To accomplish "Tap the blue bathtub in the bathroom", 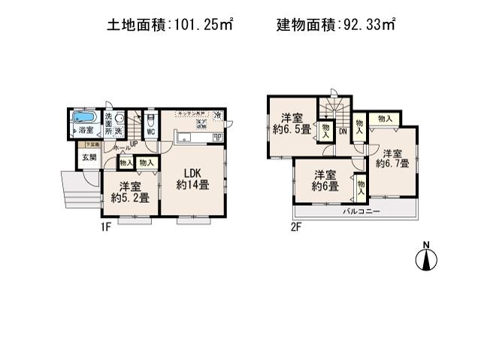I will pyautogui.click(x=84, y=116).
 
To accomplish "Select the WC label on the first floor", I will pyautogui.click(x=150, y=132).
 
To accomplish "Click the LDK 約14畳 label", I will pyautogui.click(x=192, y=178).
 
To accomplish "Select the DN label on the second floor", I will pyautogui.click(x=343, y=132).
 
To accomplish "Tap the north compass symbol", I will pyautogui.click(x=425, y=258).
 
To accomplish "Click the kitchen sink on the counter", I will pyautogui.click(x=185, y=138).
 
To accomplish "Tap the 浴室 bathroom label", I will pyautogui.click(x=84, y=131).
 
